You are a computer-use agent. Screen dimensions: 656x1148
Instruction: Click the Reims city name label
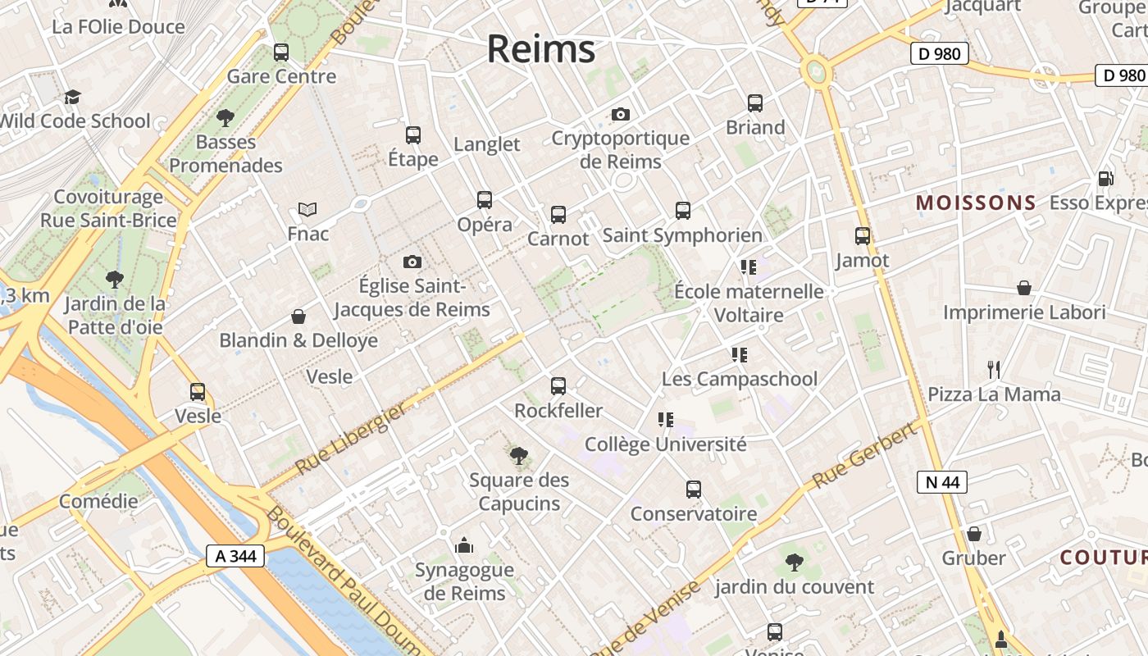541,49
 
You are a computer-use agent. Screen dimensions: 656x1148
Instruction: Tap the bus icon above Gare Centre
281,52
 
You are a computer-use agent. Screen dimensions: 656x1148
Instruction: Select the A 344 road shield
235,556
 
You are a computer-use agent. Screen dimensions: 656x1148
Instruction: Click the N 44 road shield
942,482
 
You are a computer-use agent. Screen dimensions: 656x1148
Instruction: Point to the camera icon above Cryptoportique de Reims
621,114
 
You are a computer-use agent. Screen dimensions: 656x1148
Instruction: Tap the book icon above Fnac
307,210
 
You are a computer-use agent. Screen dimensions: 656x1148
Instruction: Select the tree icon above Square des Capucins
518,455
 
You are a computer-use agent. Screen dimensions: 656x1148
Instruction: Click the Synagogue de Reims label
464,581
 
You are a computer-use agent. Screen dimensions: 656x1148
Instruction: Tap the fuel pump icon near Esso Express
1105,178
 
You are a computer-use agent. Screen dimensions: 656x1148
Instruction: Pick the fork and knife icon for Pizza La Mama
994,370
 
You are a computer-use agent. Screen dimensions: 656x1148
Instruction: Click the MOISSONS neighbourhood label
976,203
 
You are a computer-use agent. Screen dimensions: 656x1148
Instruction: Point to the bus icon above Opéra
485,199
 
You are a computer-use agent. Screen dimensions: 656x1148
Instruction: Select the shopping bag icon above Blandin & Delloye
298,317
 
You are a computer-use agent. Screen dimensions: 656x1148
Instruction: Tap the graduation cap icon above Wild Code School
73,97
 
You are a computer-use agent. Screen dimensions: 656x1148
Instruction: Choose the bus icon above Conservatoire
694,490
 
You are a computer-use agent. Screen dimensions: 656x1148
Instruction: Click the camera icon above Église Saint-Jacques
412,262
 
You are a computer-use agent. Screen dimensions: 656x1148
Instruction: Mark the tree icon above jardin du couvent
793,563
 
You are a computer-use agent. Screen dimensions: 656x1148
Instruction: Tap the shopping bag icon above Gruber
973,534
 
